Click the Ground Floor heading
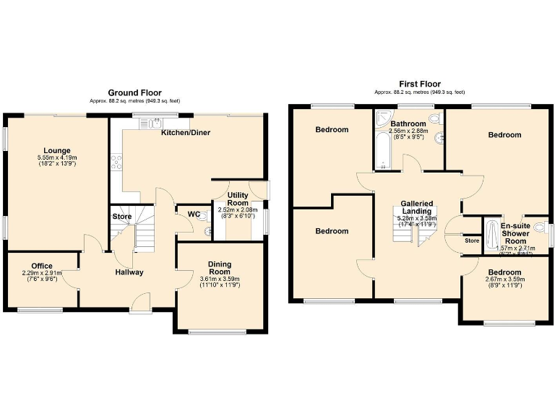click(134, 92)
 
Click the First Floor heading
click(419, 84)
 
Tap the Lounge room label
click(56, 150)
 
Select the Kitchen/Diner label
click(185, 133)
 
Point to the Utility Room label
click(238, 199)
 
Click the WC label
click(193, 214)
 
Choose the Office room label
click(42, 265)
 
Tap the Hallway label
click(129, 272)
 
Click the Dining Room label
click(220, 269)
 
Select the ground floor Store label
click(121, 216)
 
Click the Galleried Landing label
click(416, 207)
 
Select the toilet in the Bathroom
click(434, 118)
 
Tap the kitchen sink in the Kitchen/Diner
click(156, 123)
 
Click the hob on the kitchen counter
click(115, 162)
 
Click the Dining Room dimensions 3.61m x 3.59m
click(220, 282)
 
